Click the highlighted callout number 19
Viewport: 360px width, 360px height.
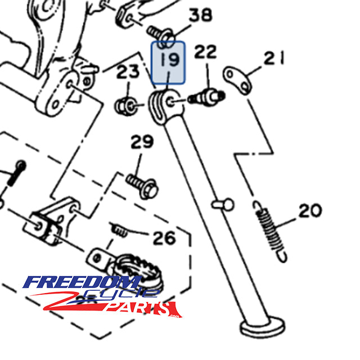pos(169,60)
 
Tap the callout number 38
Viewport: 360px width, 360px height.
pos(200,15)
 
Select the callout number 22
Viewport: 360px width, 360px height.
pos(205,51)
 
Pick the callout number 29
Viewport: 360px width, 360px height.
pos(142,142)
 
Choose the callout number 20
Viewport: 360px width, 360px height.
pos(310,210)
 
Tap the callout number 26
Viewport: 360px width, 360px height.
pos(164,238)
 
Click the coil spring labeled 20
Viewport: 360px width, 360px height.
pos(270,231)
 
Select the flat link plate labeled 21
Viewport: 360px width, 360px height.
pos(237,80)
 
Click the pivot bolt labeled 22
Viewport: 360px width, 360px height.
pos(206,97)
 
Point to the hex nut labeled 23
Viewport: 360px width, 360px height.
pos(126,106)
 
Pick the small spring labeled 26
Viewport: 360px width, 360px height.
pos(119,230)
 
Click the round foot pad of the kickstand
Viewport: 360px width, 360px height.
pos(262,327)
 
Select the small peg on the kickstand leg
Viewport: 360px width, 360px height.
pos(223,204)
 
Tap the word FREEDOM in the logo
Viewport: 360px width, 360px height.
pos(82,282)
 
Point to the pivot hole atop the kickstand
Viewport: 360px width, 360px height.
pos(170,101)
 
